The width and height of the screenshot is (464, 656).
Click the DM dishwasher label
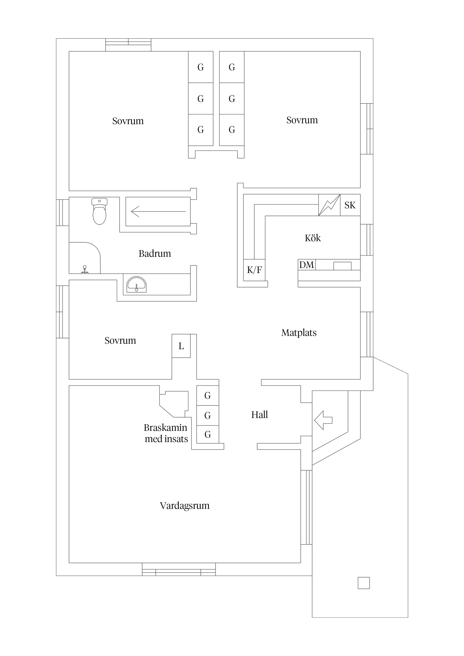tap(306, 265)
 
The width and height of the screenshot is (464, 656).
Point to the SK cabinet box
tap(350, 205)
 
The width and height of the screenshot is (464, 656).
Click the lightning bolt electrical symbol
tap(329, 205)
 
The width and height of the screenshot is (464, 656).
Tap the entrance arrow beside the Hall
tap(323, 420)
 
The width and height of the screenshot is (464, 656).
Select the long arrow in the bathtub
tap(158, 211)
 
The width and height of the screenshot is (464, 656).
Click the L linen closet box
tap(181, 346)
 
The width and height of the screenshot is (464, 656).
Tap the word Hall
tap(259, 415)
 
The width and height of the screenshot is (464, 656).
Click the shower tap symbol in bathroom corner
tap(85, 269)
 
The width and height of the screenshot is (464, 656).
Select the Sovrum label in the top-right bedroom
tap(302, 120)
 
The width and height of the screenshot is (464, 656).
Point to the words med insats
tap(166, 439)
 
